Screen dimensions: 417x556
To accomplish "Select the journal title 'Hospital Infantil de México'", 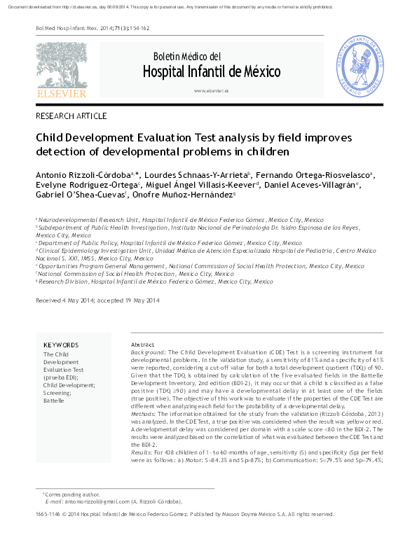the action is pos(212,72).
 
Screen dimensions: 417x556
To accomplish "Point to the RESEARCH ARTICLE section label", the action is pos(71,116).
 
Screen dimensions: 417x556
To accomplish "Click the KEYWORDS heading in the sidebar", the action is pos(61,345).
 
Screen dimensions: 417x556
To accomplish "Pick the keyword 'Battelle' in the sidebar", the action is pos(54,401).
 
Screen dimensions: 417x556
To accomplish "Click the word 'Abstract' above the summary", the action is pos(142,345).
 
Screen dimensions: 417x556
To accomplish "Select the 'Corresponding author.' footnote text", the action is pos(73,494).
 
